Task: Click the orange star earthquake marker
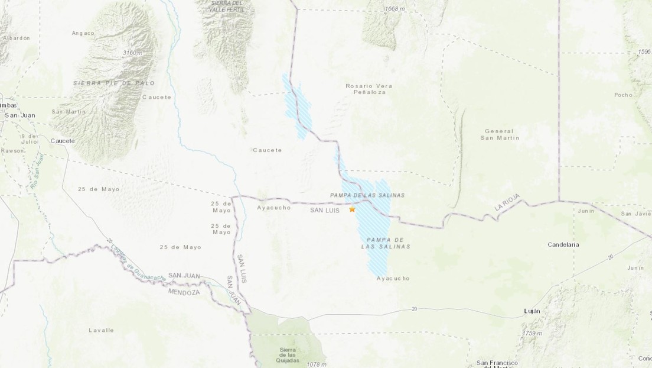353,209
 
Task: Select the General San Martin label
498,134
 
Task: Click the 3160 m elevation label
133,53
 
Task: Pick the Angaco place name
83,33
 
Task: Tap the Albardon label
16,37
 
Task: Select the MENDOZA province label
185,292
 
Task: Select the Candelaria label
563,244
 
